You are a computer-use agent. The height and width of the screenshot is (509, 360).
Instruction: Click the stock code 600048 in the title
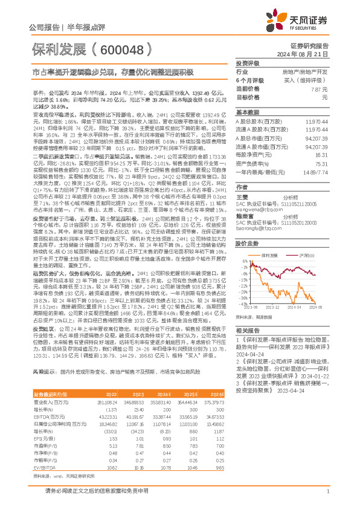tap(121, 50)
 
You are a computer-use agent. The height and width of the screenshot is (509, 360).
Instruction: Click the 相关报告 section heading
tap(247, 347)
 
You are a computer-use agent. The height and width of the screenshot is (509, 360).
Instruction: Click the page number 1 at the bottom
tap(326, 492)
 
